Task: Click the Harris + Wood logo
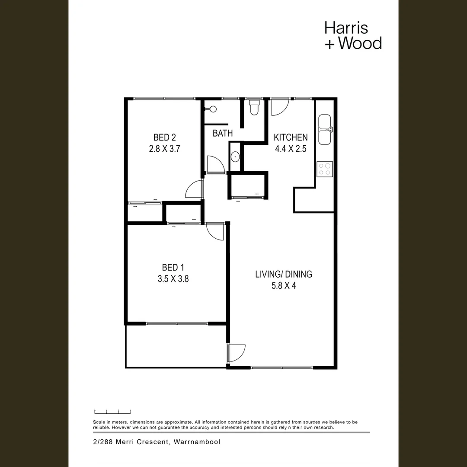coord(353,35)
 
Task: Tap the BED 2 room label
coord(164,138)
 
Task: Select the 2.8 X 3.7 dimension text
coord(164,149)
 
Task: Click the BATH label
coord(223,133)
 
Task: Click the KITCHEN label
coord(291,138)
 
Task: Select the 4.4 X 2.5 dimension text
coord(291,149)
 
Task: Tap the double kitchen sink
coord(325,129)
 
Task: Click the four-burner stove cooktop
coord(325,169)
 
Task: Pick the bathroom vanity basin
coord(235,156)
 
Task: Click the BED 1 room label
coord(173,267)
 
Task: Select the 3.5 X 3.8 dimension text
coord(173,279)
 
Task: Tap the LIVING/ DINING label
coord(284,274)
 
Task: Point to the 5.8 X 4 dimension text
coord(284,285)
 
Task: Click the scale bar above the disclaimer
coord(112,412)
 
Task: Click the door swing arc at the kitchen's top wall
coord(279,107)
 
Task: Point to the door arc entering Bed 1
coord(215,231)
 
